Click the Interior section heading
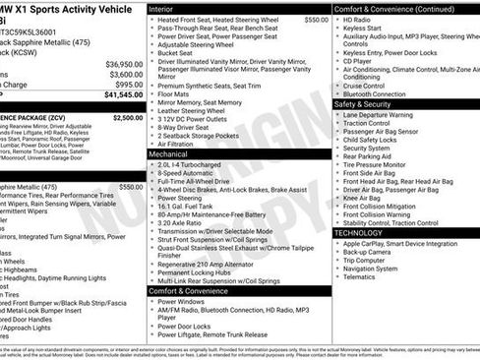[161, 7]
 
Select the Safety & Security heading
[369, 103]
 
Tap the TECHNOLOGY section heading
[366, 232]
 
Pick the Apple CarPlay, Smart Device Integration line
[401, 242]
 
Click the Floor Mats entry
[175, 92]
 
